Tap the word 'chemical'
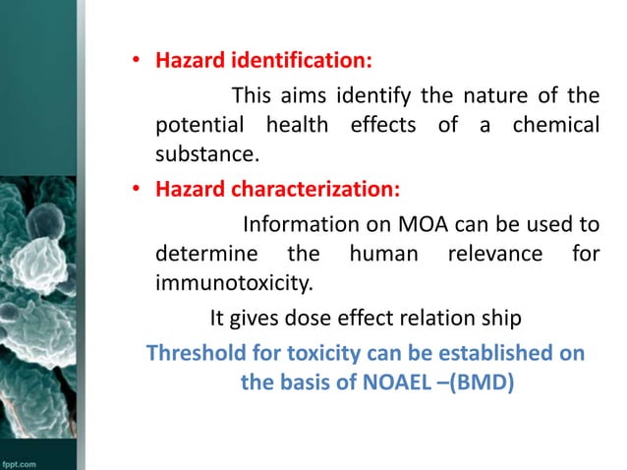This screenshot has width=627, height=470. click(555, 127)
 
